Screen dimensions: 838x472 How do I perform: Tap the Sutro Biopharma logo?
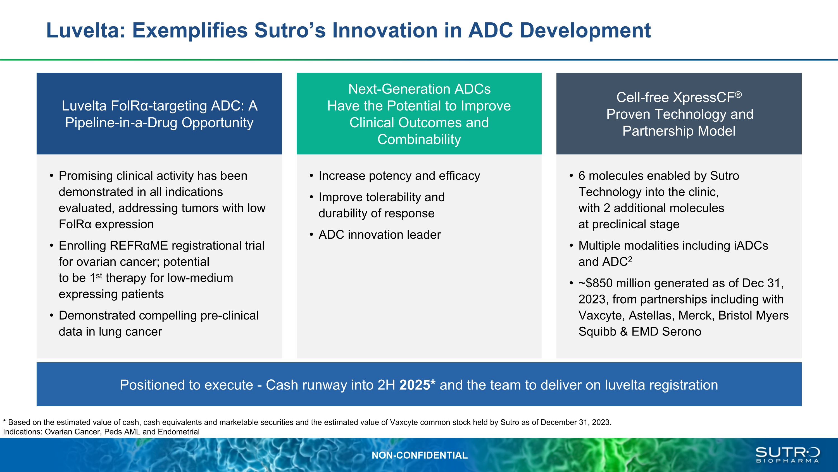point(787,455)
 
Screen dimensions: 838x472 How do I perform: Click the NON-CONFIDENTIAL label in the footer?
point(420,455)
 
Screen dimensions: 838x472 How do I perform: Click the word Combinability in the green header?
point(419,139)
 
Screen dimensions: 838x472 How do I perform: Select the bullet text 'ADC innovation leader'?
point(380,234)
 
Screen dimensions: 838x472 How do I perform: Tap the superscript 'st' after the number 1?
point(99,276)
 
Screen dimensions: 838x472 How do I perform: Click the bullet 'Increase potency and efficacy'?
point(399,176)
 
